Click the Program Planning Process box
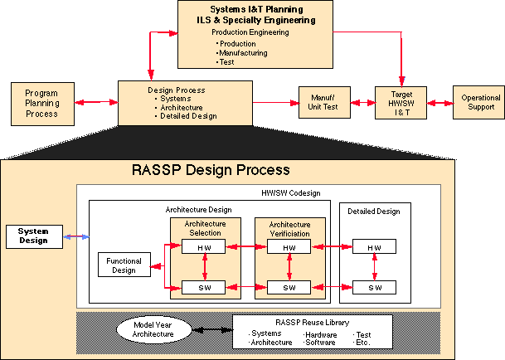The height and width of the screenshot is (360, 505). pyautogui.click(x=41, y=103)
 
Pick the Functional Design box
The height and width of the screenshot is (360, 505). pyautogui.click(x=124, y=266)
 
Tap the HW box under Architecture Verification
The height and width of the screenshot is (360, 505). pyautogui.click(x=289, y=247)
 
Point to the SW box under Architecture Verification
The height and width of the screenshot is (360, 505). pyautogui.click(x=289, y=287)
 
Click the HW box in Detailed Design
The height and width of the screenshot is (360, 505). pyautogui.click(x=375, y=247)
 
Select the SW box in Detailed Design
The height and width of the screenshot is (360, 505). pyautogui.click(x=375, y=287)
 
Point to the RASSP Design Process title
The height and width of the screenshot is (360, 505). pyautogui.click(x=211, y=170)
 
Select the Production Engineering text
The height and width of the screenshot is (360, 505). pyautogui.click(x=250, y=32)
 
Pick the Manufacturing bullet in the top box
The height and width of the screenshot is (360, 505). pyautogui.click(x=242, y=52)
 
